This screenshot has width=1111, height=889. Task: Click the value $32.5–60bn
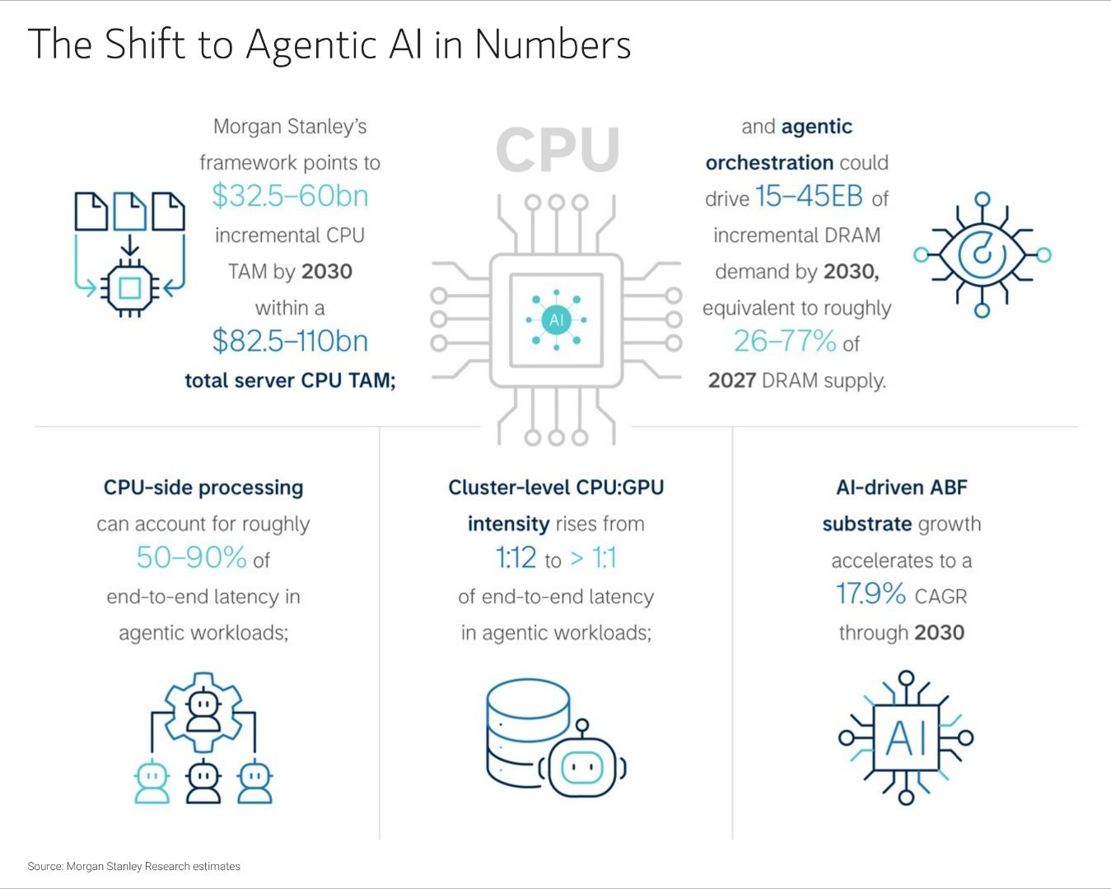pos(290,196)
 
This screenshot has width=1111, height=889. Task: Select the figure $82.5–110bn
pos(290,341)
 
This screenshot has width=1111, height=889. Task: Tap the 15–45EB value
pos(809,197)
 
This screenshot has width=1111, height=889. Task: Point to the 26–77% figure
pos(785,341)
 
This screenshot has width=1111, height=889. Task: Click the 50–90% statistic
pos(191,558)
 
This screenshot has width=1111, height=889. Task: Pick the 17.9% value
pos(871,593)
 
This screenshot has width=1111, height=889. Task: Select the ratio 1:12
pos(516,558)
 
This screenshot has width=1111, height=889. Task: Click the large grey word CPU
pos(558,150)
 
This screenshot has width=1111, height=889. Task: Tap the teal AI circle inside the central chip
pos(556,319)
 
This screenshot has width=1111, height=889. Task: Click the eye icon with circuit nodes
pos(982,254)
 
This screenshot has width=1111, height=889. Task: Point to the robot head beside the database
pos(582,766)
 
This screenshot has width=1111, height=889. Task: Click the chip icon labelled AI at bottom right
pos(906,738)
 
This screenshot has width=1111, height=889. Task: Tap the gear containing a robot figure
pos(203,709)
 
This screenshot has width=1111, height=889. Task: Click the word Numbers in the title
pos(553,44)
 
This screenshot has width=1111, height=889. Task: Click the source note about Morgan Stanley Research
pos(134,866)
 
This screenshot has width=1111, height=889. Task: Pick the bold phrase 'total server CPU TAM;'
pos(290,380)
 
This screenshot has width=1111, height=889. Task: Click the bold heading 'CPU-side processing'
pos(203,487)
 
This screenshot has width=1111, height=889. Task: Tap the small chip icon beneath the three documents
pos(129,287)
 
